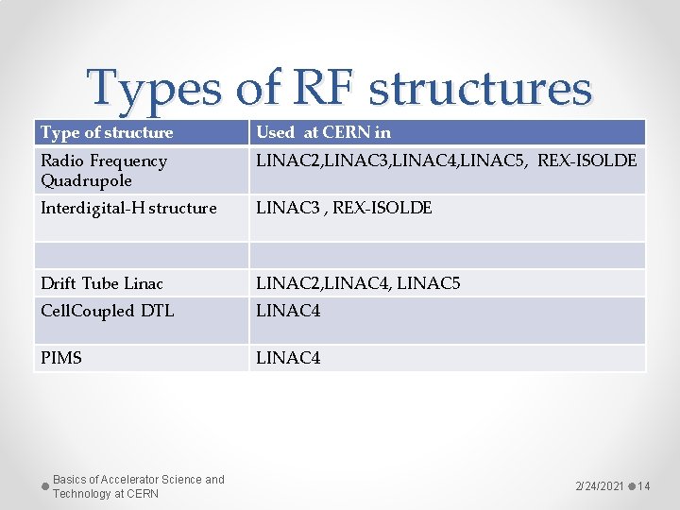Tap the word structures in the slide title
pyautogui.click(x=480, y=89)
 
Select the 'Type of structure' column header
pyautogui.click(x=107, y=132)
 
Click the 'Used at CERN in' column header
pyautogui.click(x=323, y=132)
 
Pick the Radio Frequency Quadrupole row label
pyautogui.click(x=104, y=170)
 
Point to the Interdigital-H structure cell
pyautogui.click(x=128, y=208)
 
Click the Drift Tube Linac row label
pyautogui.click(x=102, y=283)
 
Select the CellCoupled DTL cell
pyautogui.click(x=108, y=311)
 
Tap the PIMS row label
pyautogui.click(x=61, y=358)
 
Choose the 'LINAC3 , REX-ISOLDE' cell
pyautogui.click(x=344, y=208)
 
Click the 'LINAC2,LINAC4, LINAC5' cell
pyautogui.click(x=359, y=283)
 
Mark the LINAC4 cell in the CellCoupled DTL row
pyautogui.click(x=288, y=311)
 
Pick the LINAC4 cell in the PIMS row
pyautogui.click(x=288, y=358)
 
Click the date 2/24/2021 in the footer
pyautogui.click(x=600, y=485)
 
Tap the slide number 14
pyautogui.click(x=644, y=485)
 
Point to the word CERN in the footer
pyautogui.click(x=143, y=494)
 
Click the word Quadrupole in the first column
pyautogui.click(x=86, y=180)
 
